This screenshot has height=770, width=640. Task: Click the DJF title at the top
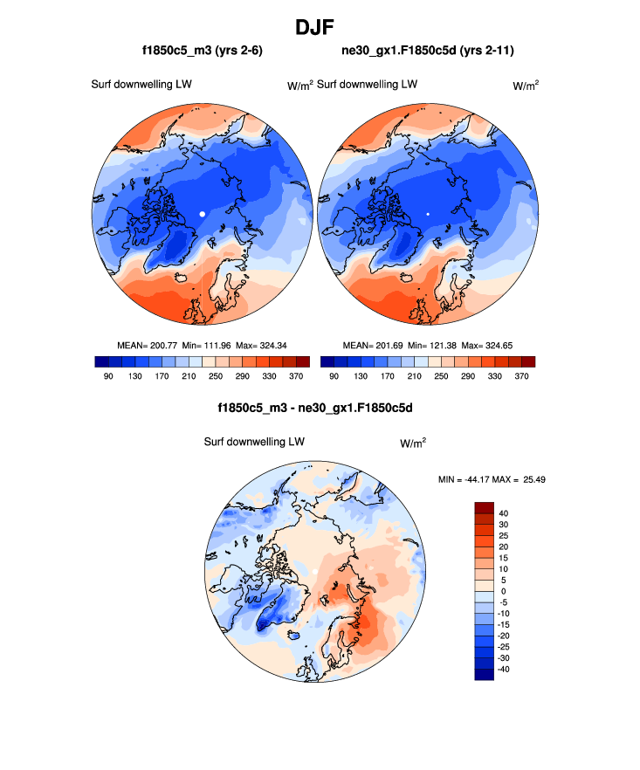pyautogui.click(x=320, y=27)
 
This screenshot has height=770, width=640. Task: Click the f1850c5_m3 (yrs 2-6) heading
pyautogui.click(x=203, y=52)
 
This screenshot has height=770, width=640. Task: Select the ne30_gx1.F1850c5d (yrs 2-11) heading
pyautogui.click(x=428, y=52)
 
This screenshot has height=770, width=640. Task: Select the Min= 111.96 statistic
pyautogui.click(x=207, y=346)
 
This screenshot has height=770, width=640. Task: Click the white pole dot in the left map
pyautogui.click(x=202, y=213)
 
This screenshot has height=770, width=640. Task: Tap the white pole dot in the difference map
pyautogui.click(x=314, y=572)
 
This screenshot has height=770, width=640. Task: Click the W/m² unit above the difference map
pyautogui.click(x=413, y=443)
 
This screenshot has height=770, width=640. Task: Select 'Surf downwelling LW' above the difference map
pyautogui.click(x=254, y=442)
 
